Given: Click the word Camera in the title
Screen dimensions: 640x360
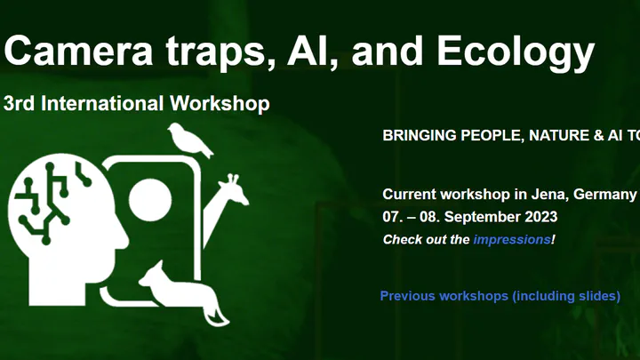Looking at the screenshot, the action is tap(78, 51).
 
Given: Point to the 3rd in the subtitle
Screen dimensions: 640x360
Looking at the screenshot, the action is tap(19, 103).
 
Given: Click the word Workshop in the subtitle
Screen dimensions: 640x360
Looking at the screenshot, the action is tap(220, 103).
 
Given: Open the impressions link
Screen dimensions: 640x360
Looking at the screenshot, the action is tap(512, 239).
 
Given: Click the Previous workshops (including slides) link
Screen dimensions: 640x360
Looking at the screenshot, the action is tap(500, 295).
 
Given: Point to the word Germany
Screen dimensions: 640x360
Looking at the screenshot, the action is tap(604, 195).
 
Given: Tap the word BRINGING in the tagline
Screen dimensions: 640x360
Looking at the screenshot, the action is tap(420, 135).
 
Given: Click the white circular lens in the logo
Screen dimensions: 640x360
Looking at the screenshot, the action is tap(150, 200).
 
